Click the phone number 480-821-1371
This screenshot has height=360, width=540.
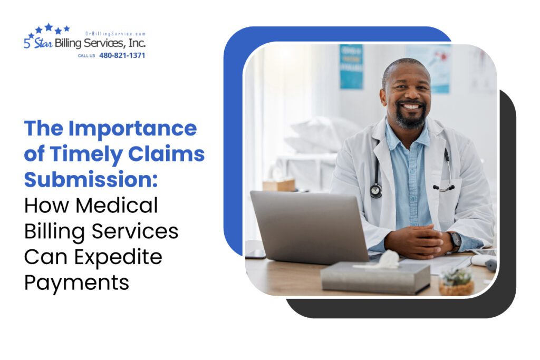click(122, 55)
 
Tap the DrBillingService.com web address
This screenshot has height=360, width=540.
click(115, 33)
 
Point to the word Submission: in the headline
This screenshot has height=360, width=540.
click(91, 179)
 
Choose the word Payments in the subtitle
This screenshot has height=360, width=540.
click(76, 283)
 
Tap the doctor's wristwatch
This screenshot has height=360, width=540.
click(455, 240)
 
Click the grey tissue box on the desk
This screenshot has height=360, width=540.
click(375, 277)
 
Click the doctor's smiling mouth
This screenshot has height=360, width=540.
click(412, 108)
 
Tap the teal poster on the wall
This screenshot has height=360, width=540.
click(351, 66)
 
